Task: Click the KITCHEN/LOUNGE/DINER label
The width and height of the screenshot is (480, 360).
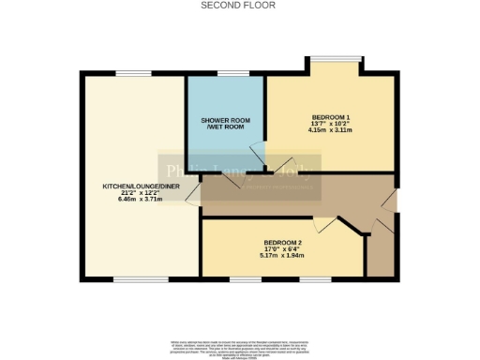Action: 141,187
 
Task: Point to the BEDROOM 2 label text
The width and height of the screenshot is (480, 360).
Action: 281,242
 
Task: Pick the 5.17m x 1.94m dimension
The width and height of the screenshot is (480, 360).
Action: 281,257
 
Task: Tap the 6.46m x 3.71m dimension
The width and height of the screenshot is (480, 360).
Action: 141,201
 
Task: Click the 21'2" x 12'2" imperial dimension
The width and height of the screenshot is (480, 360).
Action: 141,193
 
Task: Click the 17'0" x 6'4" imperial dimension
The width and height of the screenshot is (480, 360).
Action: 281,249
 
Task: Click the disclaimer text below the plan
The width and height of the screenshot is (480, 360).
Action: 239,349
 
